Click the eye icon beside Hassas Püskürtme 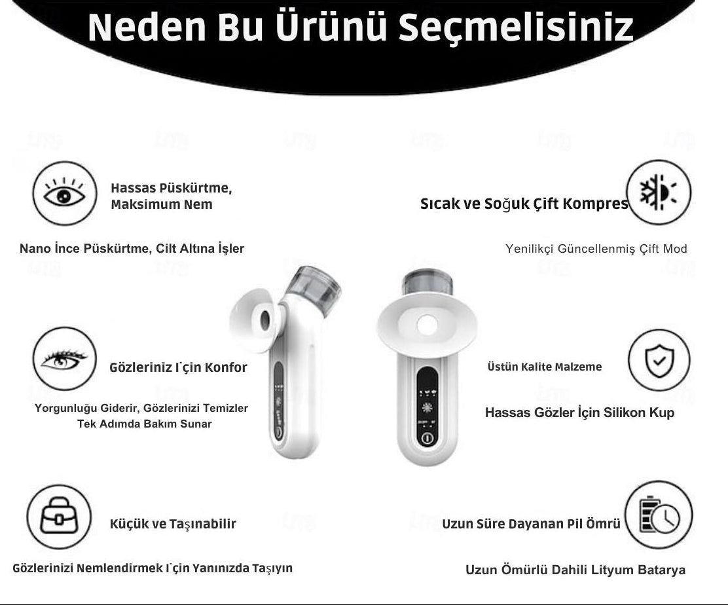pyautogui.click(x=65, y=193)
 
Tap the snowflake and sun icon pyautogui.click(x=659, y=192)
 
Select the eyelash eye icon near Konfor pyautogui.click(x=65, y=358)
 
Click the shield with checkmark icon pyautogui.click(x=659, y=360)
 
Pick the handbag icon pyautogui.click(x=59, y=517)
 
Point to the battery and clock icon pyautogui.click(x=659, y=515)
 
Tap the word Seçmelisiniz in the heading pyautogui.click(x=516, y=28)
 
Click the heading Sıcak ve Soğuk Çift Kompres pyautogui.click(x=524, y=204)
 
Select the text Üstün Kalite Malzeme pyautogui.click(x=545, y=367)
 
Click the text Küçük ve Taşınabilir pyautogui.click(x=173, y=524)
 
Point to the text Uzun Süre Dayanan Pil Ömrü pyautogui.click(x=531, y=524)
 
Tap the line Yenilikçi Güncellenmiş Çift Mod pyautogui.click(x=596, y=249)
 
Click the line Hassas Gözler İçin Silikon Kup pyautogui.click(x=579, y=412)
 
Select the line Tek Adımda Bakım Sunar pyautogui.click(x=145, y=424)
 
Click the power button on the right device pyautogui.click(x=428, y=438)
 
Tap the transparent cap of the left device pyautogui.click(x=314, y=284)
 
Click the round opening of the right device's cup pyautogui.click(x=427, y=325)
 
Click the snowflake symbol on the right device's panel pyautogui.click(x=427, y=408)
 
